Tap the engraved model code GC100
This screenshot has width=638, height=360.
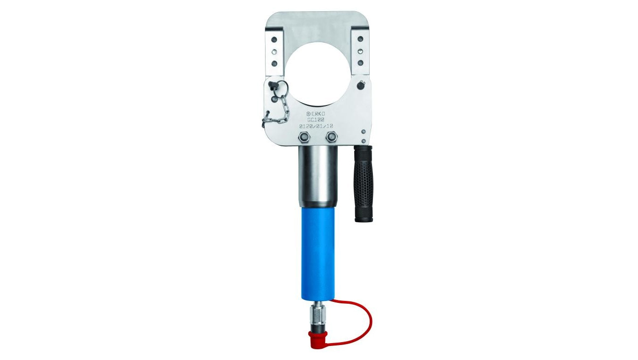(x=318, y=120)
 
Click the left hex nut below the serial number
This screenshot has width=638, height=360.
(x=304, y=137)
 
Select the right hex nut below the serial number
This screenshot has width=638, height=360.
(x=331, y=137)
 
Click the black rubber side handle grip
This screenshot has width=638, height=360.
(x=364, y=184)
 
